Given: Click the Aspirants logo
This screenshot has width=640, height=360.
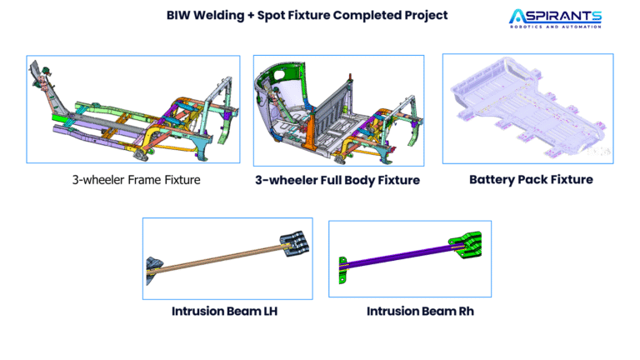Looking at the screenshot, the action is pyautogui.click(x=555, y=18).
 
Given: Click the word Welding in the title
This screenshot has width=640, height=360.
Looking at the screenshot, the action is pyautogui.click(x=218, y=16).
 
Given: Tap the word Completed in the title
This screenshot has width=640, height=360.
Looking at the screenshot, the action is pyautogui.click(x=367, y=16).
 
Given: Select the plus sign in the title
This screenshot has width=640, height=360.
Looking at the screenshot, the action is pyautogui.click(x=251, y=16).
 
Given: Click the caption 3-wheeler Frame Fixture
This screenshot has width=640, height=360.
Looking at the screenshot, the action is pyautogui.click(x=137, y=180).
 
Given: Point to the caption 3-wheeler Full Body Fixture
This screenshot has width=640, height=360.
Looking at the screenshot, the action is pyautogui.click(x=337, y=180).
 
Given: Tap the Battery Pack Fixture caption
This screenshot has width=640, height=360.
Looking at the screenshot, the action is pyautogui.click(x=531, y=180).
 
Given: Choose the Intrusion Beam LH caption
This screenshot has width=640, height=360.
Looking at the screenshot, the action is pyautogui.click(x=224, y=311).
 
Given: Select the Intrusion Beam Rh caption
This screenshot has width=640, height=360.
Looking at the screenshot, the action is pyautogui.click(x=420, y=311).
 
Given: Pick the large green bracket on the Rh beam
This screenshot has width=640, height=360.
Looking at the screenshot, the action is pyautogui.click(x=465, y=244).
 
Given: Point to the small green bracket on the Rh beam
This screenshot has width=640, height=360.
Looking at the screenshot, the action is pyautogui.click(x=342, y=270).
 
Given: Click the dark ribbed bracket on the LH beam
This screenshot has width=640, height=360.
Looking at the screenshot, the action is pyautogui.click(x=294, y=243).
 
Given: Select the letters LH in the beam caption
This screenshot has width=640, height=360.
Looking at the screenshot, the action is pyautogui.click(x=271, y=311).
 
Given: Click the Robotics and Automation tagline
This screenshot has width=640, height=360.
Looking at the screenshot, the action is pyautogui.click(x=556, y=27).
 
